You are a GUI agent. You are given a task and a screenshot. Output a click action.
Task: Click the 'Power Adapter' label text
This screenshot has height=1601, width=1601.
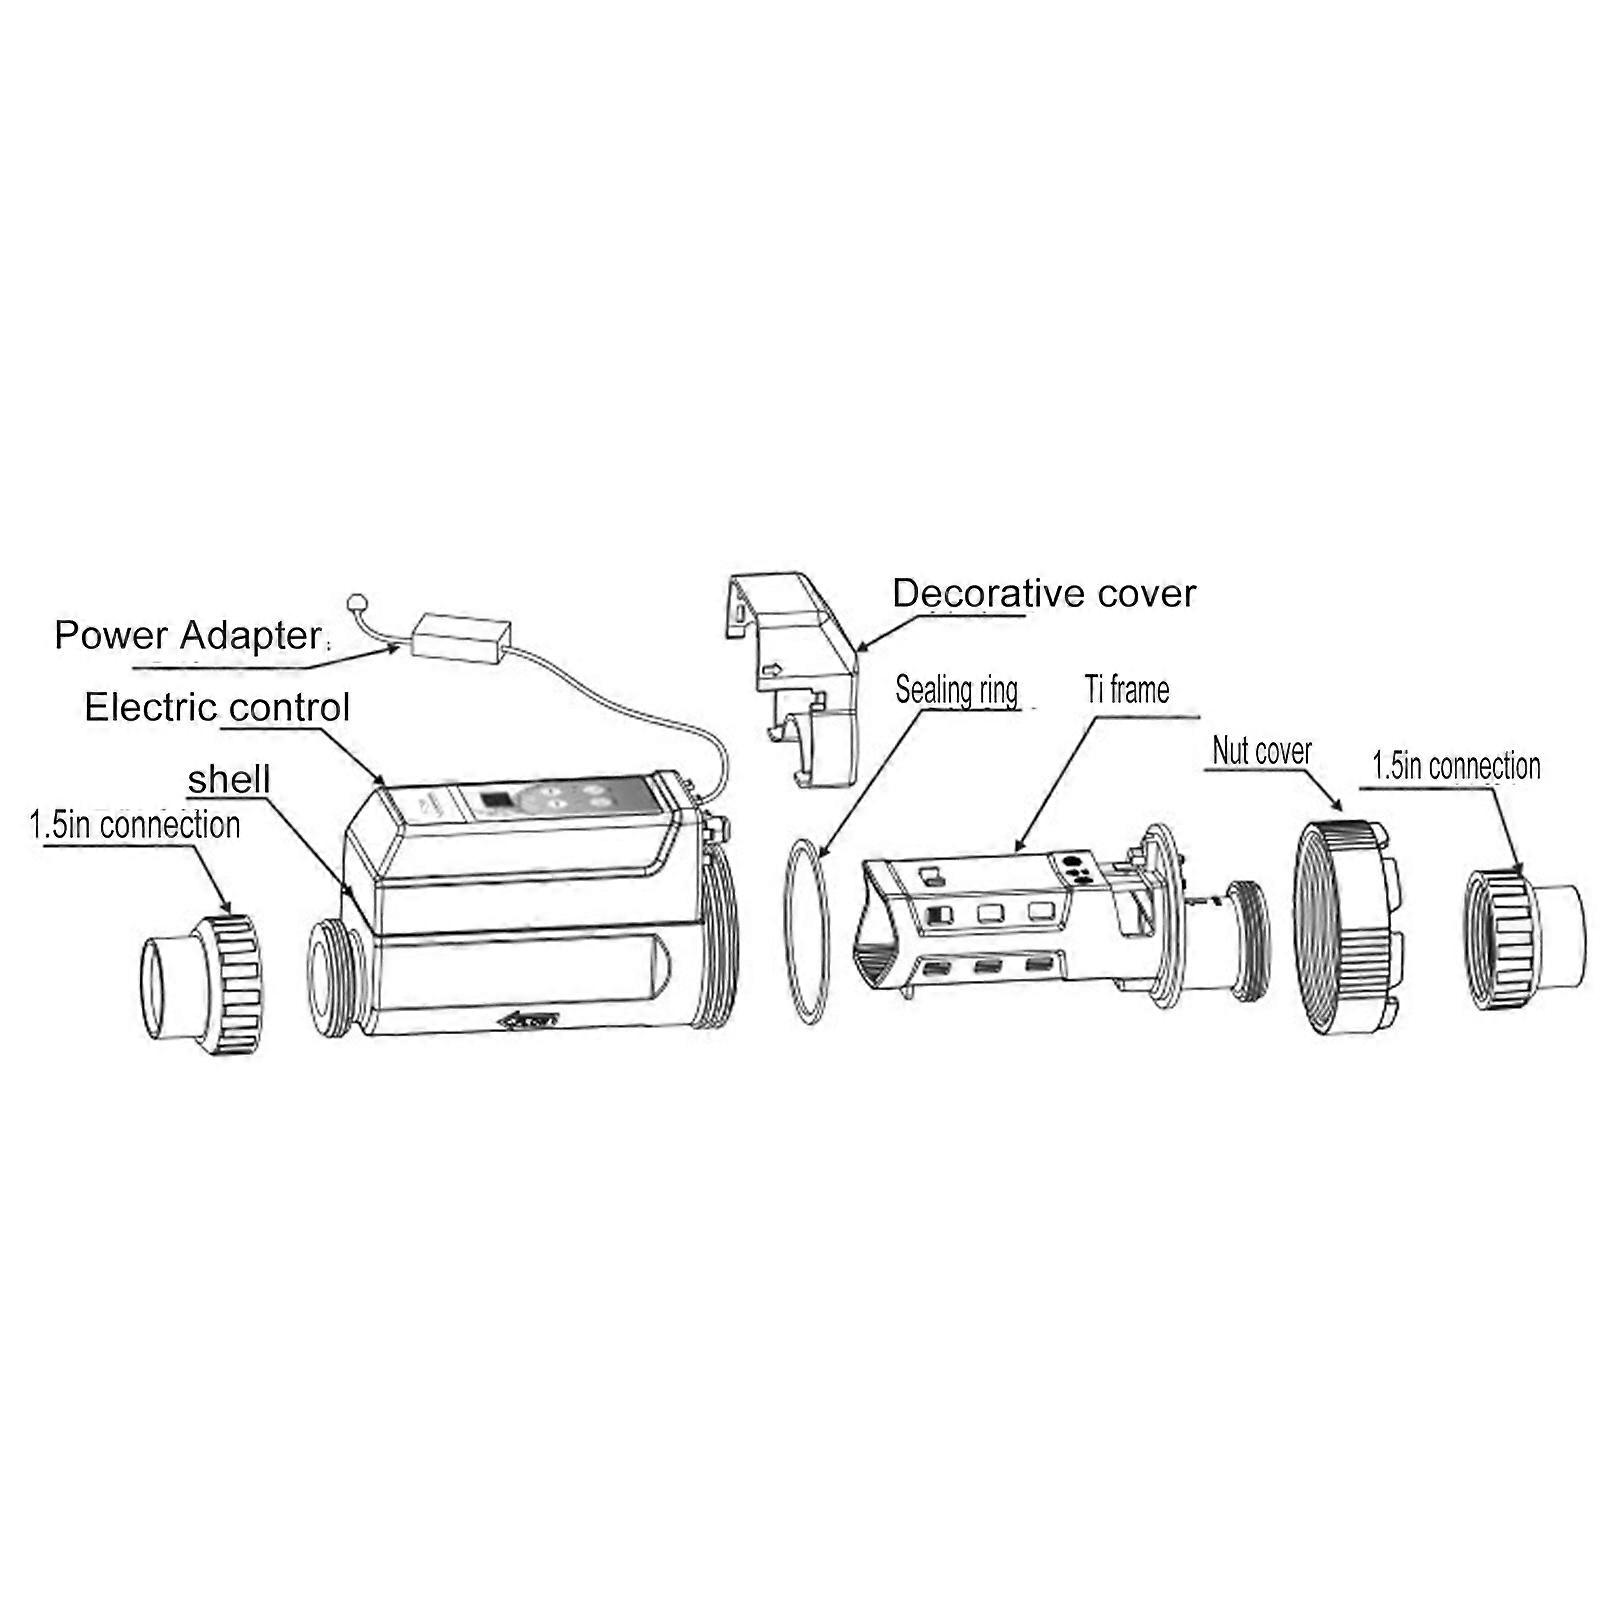(x=187, y=636)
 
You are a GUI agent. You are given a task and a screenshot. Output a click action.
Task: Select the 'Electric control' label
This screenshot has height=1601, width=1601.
(x=217, y=708)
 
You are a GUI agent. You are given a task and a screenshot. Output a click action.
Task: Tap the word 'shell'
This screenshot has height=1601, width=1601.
(x=229, y=780)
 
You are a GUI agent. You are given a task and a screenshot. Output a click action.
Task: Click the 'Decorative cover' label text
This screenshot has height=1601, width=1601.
(x=1044, y=594)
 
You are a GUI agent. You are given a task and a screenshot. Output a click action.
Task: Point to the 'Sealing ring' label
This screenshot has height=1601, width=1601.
(x=956, y=690)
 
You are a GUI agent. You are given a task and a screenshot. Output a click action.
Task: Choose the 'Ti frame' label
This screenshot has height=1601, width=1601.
(x=1127, y=689)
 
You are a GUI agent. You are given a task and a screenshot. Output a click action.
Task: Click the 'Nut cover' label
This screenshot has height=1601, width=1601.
(x=1261, y=750)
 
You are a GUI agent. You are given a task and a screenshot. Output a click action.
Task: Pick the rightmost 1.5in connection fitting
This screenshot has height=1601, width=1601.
(x=1523, y=939)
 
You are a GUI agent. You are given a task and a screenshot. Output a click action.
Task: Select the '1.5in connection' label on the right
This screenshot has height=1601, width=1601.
(x=1456, y=767)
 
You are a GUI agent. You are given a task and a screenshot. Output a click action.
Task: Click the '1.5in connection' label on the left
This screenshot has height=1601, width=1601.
(x=135, y=825)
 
